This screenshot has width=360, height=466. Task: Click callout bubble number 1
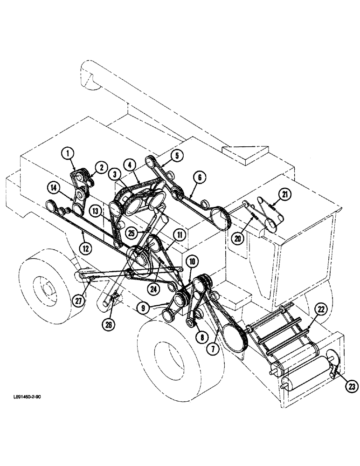point(68,152)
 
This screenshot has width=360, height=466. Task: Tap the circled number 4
point(129,164)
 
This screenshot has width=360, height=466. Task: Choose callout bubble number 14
point(54,188)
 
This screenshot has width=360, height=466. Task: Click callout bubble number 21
point(284,194)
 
